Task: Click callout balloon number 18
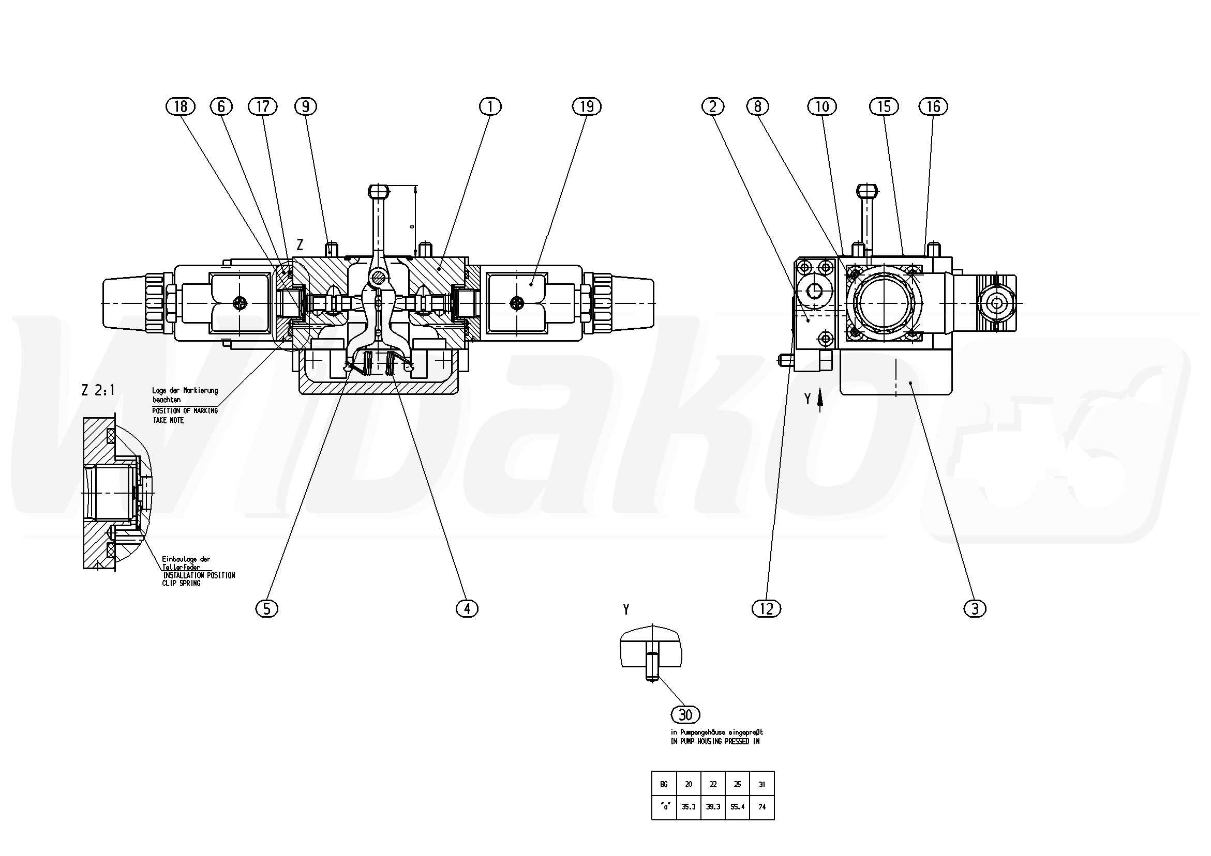181,106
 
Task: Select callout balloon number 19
587,106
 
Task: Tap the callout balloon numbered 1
490,106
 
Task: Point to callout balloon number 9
305,106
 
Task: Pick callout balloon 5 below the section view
266,609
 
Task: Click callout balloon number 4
467,609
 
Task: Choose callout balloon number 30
685,715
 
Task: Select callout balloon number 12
766,609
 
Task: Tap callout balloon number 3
975,609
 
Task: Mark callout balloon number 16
933,106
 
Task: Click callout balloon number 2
712,106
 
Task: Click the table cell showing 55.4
737,806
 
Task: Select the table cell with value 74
761,806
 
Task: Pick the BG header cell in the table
664,784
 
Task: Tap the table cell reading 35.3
689,806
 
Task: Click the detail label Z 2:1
98,390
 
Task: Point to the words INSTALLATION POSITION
199,575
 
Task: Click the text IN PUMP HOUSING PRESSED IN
715,741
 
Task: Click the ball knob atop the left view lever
379,189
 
